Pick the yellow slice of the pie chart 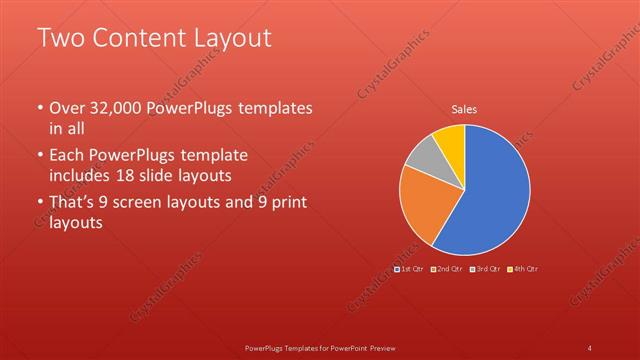pos(449,140)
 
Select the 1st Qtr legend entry pos(409,268)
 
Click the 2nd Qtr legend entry pos(446,268)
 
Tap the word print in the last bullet pos(287,203)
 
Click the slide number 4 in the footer pos(590,347)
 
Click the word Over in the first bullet pos(69,108)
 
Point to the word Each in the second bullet pos(67,156)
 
